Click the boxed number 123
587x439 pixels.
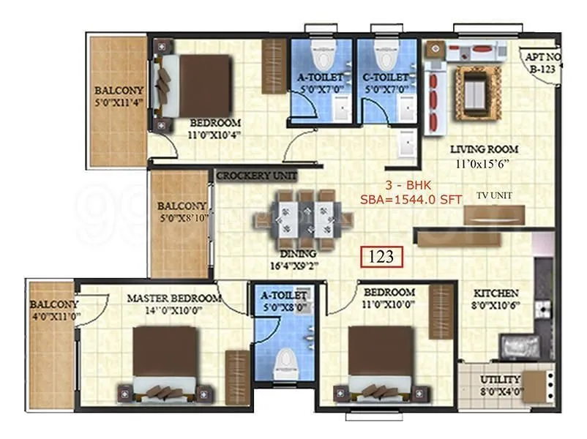tap(381, 257)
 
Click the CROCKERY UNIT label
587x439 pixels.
tap(256, 176)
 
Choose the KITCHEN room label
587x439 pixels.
tap(495, 292)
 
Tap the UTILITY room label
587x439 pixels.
tap(501, 380)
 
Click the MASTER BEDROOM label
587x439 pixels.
tap(173, 299)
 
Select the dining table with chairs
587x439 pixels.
tap(304, 219)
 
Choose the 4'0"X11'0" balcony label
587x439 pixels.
tap(55, 310)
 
